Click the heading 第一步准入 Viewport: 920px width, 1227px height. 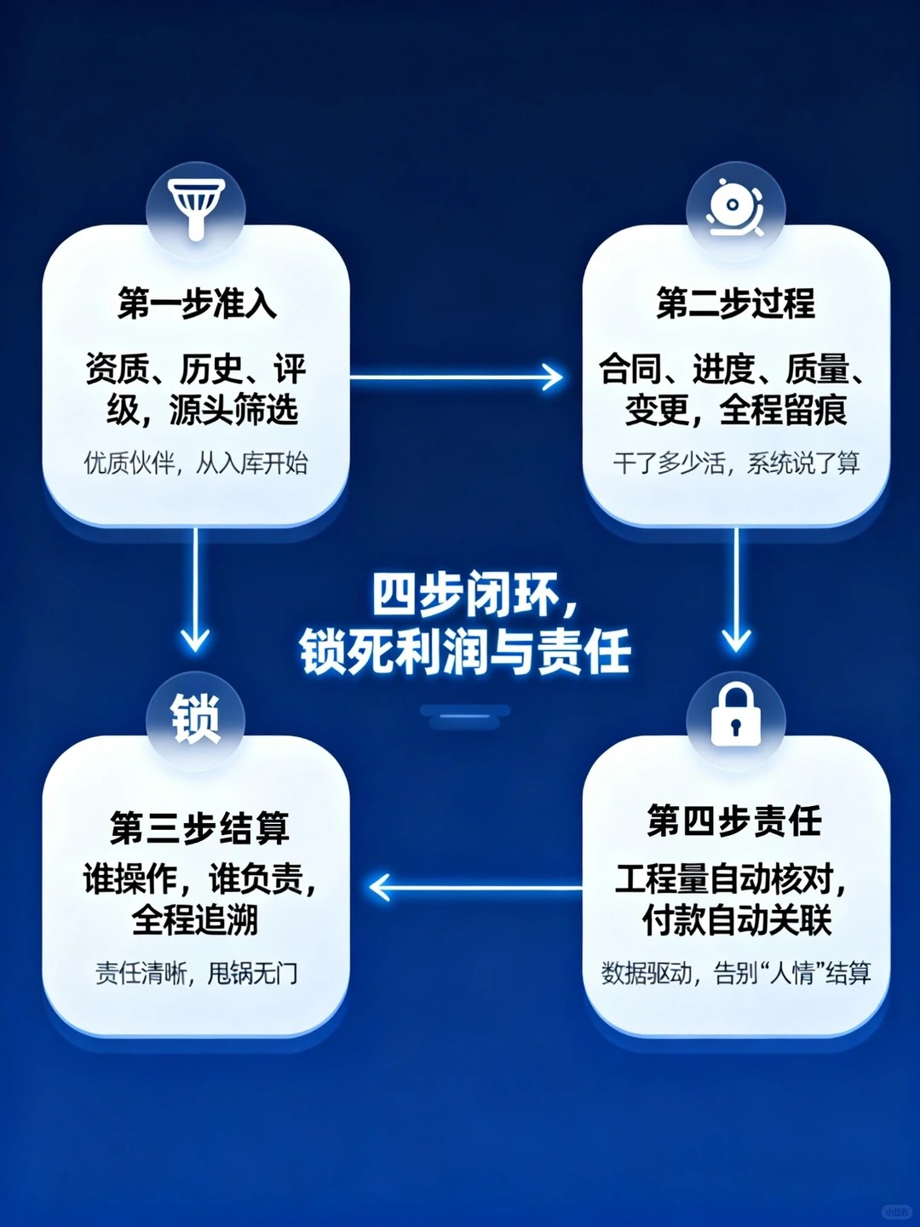click(x=197, y=303)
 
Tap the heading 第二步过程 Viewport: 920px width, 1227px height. click(x=735, y=303)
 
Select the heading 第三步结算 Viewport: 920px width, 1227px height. click(x=199, y=827)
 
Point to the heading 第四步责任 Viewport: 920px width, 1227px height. click(x=734, y=821)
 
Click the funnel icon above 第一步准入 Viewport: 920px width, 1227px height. click(x=197, y=207)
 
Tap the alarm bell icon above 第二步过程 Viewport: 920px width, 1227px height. click(x=734, y=207)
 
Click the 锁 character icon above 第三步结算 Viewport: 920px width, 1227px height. click(x=196, y=717)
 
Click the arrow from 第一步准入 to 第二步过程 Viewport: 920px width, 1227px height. click(x=456, y=377)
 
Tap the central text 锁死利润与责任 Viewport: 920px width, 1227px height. click(x=465, y=652)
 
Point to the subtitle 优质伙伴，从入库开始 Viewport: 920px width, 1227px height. click(x=196, y=464)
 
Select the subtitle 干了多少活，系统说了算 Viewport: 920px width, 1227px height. click(x=736, y=464)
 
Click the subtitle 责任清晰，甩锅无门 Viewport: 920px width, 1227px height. click(x=197, y=972)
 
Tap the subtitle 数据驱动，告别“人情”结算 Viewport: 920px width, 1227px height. click(x=736, y=972)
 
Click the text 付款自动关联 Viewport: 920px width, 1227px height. click(x=736, y=920)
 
